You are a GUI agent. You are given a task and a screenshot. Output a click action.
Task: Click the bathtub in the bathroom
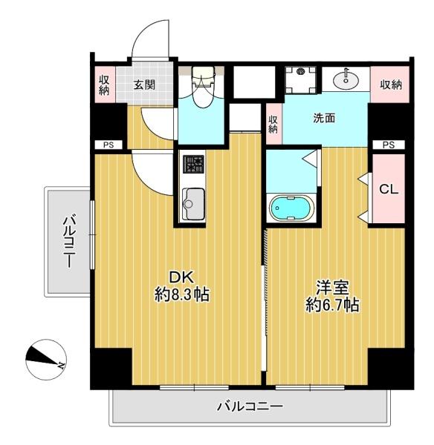tap(291, 208)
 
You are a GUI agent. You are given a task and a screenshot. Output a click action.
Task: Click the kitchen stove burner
tap(193, 164)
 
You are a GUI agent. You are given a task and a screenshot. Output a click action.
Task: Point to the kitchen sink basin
tap(193, 204)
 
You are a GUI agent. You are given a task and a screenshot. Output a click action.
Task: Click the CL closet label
tap(389, 189)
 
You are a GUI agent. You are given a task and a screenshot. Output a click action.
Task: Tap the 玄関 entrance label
tap(144, 85)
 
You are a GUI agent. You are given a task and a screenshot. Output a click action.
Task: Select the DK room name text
tap(181, 277)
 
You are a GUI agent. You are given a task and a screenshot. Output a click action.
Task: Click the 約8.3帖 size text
tap(182, 294)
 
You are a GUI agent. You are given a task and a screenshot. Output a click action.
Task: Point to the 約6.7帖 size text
tap(332, 305)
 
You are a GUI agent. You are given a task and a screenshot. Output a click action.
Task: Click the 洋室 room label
tap(332, 288)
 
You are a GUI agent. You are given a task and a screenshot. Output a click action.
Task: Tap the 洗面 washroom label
tap(324, 118)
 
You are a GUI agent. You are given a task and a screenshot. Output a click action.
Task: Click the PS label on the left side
tap(108, 145)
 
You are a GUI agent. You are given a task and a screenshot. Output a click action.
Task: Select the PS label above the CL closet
tap(389, 145)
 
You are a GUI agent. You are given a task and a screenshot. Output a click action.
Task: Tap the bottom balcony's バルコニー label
tap(250, 406)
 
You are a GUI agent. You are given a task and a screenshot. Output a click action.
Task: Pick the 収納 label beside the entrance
tap(104, 85)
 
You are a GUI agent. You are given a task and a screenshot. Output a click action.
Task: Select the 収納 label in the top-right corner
tap(391, 85)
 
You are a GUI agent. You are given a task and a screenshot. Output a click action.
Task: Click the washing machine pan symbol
tap(301, 80)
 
